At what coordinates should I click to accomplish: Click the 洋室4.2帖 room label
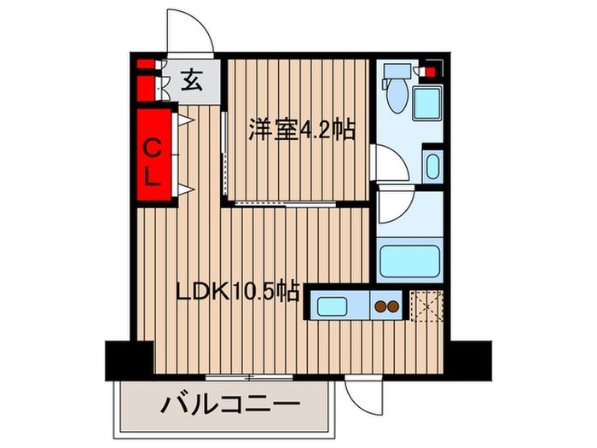[302, 131]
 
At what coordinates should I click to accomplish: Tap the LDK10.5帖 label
[238, 293]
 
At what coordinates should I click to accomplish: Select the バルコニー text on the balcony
[230, 406]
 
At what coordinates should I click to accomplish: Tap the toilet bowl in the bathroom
[397, 96]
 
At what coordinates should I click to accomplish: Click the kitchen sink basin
[332, 306]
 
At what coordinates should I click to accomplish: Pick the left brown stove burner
[380, 306]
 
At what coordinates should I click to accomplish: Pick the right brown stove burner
[393, 306]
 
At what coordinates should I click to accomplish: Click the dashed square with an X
[426, 305]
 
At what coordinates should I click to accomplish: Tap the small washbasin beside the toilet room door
[433, 166]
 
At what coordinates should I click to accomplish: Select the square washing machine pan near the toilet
[427, 103]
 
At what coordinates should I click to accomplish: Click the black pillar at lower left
[130, 360]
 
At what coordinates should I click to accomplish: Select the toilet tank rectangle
[397, 71]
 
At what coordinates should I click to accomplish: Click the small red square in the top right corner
[430, 73]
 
